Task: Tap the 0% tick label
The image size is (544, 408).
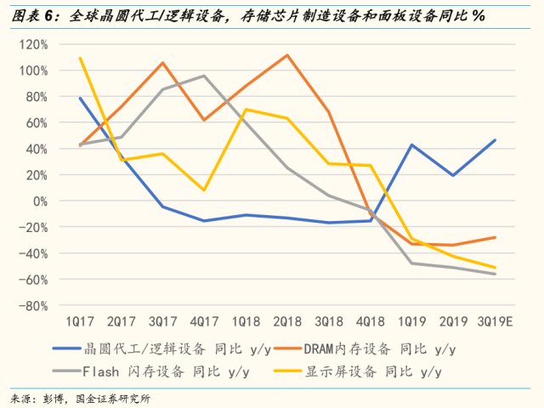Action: point(40,201)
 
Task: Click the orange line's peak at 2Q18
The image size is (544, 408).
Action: point(287,55)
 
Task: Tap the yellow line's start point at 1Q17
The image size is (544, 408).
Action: point(80,58)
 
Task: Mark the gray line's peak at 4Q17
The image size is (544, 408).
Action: point(204,76)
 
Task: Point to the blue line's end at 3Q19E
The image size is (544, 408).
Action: point(495,140)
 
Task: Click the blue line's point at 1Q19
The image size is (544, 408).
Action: point(411,144)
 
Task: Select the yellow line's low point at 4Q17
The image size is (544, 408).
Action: point(204,190)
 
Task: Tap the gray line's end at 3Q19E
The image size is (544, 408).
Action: point(495,274)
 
